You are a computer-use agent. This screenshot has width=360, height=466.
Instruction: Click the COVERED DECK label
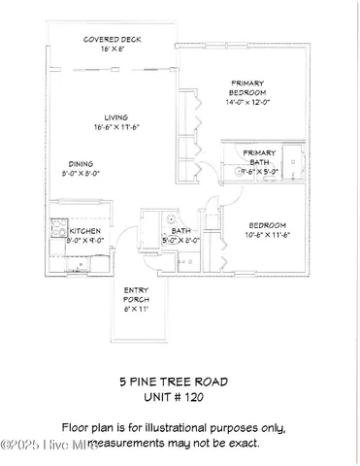tap(108, 40)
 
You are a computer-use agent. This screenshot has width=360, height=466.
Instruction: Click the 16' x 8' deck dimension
tap(108, 50)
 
